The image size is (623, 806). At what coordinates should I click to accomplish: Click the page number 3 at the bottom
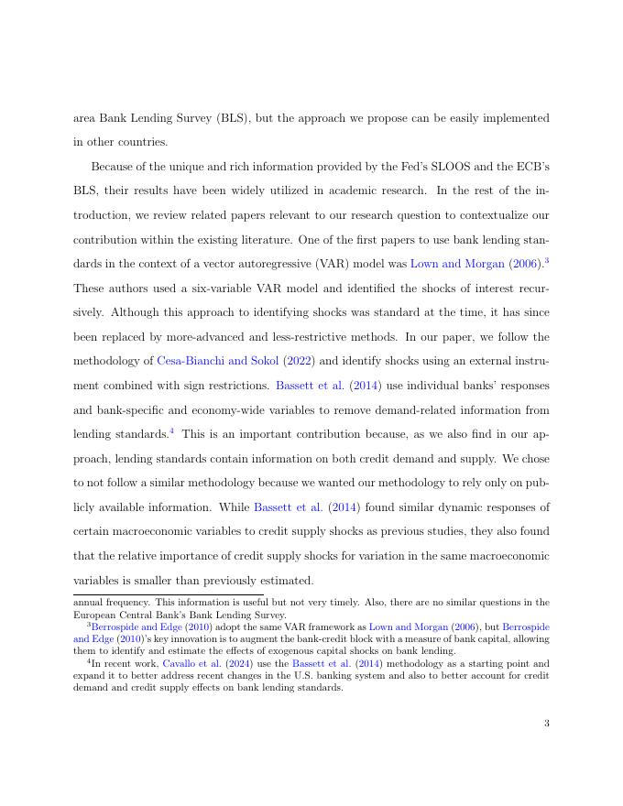point(546,724)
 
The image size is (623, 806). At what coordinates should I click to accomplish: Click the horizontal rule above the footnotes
point(169,594)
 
